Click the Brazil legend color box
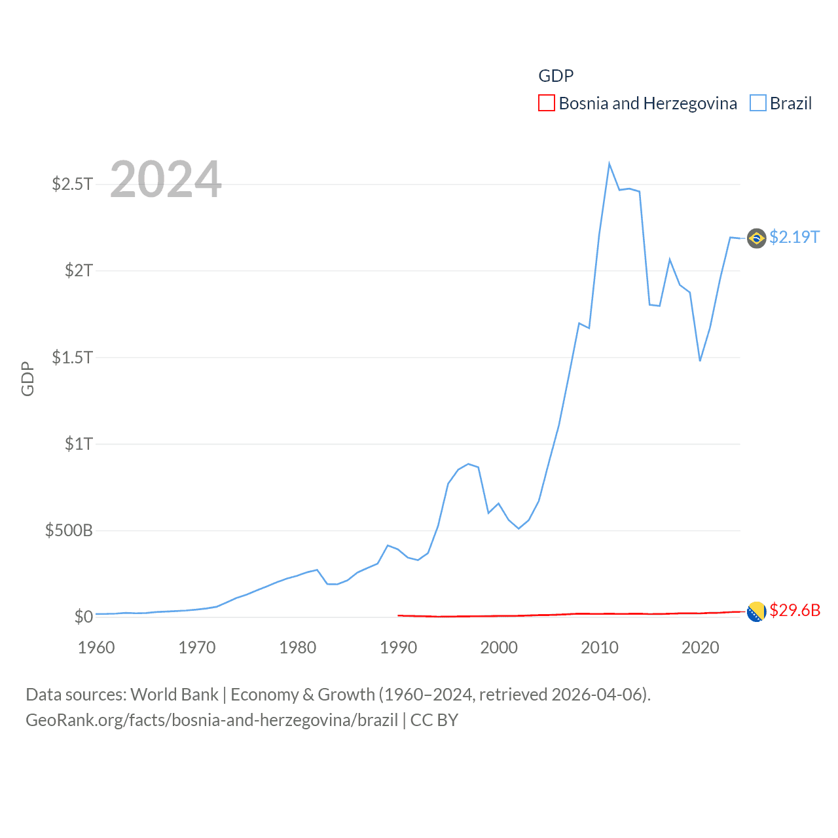758,103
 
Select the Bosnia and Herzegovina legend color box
547,103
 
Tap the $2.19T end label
794,237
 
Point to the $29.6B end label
795,610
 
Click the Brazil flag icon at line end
756,238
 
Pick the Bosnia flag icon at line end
756,611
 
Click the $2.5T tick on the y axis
73,184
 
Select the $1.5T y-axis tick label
73,357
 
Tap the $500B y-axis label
69,530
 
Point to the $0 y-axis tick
84,617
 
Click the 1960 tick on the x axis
96,647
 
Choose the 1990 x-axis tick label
398,647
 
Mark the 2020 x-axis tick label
701,647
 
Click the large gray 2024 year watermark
166,179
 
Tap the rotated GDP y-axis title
27,378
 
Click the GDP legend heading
556,76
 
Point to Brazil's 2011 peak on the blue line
609,164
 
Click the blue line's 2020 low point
700,360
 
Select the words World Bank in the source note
175,695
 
